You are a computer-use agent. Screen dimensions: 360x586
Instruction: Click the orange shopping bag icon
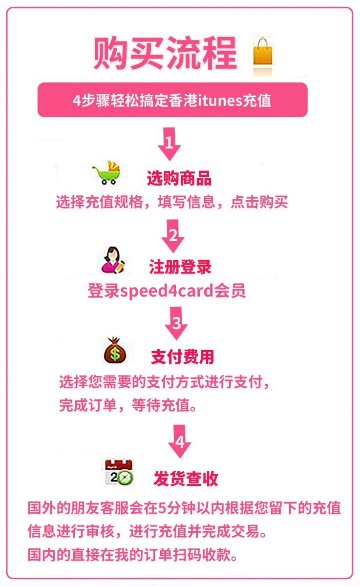coord(262,52)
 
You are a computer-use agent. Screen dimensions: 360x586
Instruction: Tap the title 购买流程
coord(166,53)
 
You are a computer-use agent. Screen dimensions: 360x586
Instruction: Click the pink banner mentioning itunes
coord(172,100)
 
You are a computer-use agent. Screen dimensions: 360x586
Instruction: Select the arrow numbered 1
coord(169,144)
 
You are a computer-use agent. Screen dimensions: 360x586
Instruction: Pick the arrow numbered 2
coord(173,236)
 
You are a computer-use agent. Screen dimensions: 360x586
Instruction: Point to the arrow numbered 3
coord(176,323)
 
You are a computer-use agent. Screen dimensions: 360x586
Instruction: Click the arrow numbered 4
coord(180,441)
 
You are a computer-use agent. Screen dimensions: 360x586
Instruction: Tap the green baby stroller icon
coord(107,172)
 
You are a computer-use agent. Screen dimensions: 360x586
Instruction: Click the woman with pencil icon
coord(113,260)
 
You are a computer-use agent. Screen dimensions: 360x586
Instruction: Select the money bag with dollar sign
coord(115,350)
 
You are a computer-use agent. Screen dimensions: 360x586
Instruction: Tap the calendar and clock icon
coord(119,472)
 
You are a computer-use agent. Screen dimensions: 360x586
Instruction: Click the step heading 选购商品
coord(179,178)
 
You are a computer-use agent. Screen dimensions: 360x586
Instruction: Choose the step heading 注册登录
coord(180,267)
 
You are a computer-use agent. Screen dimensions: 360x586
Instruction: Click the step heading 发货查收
coord(186,479)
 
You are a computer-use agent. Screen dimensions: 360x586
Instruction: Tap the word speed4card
coord(167,291)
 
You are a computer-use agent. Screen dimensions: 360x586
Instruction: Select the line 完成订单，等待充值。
coord(128,405)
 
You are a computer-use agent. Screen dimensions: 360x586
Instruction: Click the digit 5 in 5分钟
coord(162,508)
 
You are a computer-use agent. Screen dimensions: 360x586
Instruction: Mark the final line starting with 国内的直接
coord(132,555)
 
